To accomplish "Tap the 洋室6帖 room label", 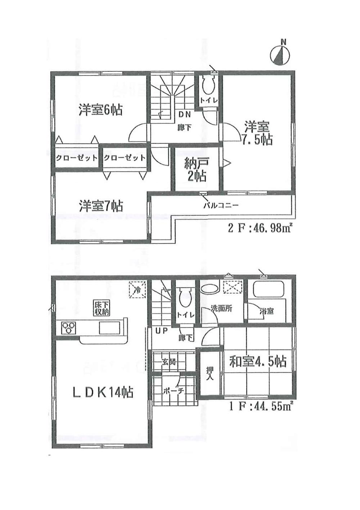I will coord(100,109).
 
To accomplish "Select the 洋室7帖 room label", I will coord(101,206).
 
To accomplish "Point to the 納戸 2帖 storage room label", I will coord(196,170).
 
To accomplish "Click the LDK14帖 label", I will coord(103,392).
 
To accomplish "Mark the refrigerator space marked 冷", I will coord(138,290).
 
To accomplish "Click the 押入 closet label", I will coord(210,373).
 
